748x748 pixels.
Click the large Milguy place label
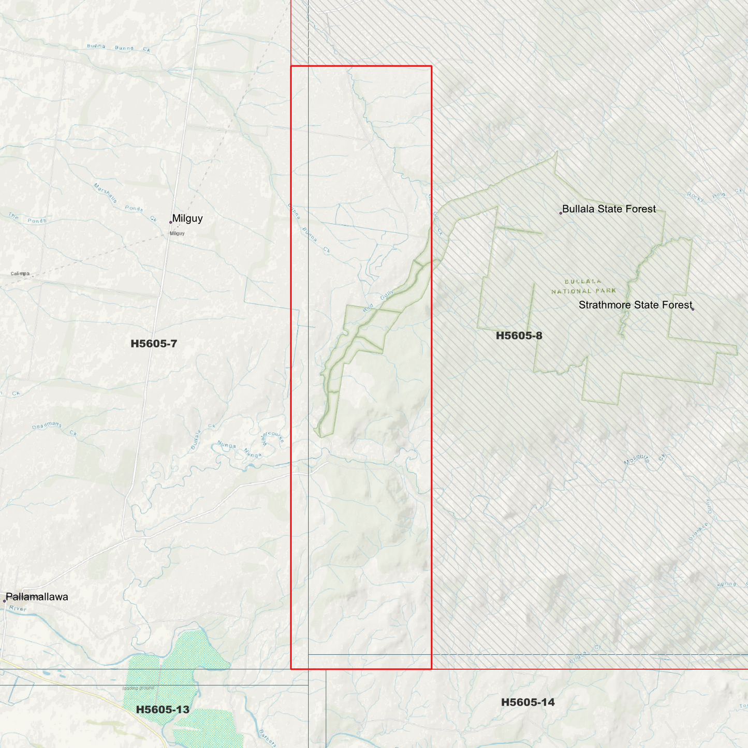187,218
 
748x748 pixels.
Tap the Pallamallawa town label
37,597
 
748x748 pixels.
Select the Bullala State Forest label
609,209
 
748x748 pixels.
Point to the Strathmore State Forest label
635,305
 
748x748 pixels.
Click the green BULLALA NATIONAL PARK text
583,286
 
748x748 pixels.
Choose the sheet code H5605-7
154,344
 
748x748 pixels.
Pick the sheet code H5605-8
519,335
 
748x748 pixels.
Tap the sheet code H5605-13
163,710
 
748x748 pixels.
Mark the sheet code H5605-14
527,702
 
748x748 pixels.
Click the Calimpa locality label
20,274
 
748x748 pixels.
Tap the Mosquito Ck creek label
644,459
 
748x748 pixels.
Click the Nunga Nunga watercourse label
240,449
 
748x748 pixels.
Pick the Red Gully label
378,302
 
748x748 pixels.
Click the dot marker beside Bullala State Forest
561,213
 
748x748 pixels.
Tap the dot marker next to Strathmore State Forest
693,309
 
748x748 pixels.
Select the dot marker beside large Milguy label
171,222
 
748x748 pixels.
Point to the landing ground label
138,688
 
